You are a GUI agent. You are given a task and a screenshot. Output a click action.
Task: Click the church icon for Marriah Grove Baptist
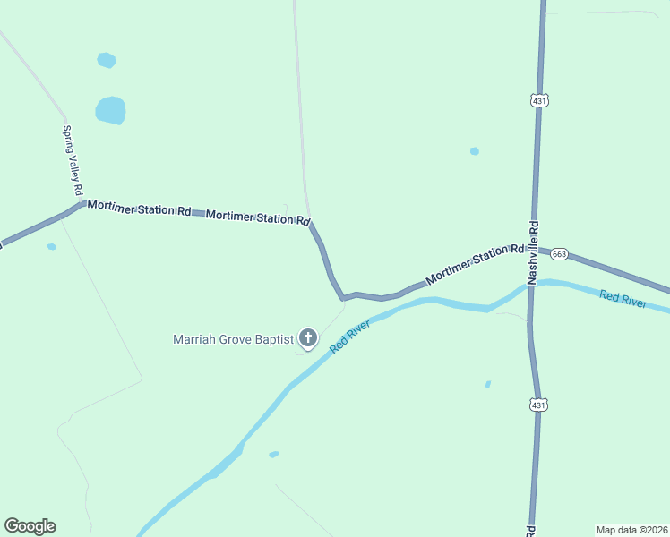click(x=308, y=337)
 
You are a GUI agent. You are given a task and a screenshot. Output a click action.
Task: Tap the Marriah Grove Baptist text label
click(x=233, y=339)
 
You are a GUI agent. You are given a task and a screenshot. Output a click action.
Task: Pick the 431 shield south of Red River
click(x=537, y=405)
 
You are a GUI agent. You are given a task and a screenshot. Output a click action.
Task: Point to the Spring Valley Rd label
click(x=72, y=160)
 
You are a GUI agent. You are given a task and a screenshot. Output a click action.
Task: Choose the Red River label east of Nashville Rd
click(x=623, y=298)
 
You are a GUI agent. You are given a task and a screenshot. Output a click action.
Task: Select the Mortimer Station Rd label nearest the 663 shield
click(x=474, y=265)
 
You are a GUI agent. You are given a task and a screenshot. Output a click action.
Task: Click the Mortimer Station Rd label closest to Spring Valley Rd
click(x=139, y=209)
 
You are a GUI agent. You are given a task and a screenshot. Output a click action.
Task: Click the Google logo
click(x=30, y=526)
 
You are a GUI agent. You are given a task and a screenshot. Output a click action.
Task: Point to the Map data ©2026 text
click(x=631, y=530)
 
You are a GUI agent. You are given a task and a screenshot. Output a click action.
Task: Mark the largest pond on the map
click(x=110, y=111)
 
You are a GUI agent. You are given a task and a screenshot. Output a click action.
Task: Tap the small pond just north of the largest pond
click(x=106, y=60)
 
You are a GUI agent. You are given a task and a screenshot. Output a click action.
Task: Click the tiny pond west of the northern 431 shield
click(x=474, y=151)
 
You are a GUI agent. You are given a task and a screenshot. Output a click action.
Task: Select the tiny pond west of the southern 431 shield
click(x=487, y=384)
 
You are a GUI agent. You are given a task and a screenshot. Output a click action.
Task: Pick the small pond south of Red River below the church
click(x=273, y=454)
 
